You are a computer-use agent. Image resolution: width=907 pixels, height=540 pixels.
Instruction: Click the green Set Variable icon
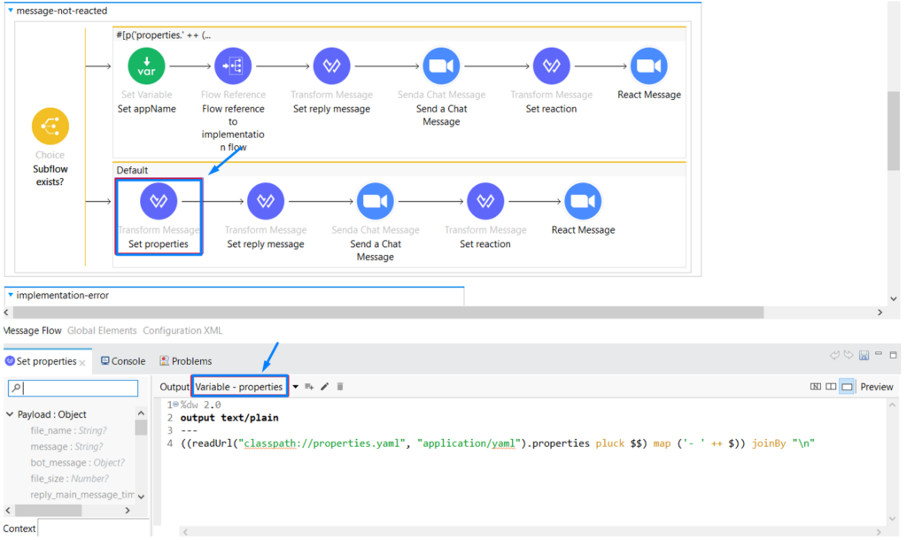point(146,66)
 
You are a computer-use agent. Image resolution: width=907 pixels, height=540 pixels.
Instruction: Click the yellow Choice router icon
point(50,127)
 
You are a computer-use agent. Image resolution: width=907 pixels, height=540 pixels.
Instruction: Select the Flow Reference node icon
point(233,66)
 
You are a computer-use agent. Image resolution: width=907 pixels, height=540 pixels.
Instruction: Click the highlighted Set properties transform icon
point(159,202)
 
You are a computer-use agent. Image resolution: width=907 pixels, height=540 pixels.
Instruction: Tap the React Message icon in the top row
point(648,66)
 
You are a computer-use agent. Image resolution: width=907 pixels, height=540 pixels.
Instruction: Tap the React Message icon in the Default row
point(583,202)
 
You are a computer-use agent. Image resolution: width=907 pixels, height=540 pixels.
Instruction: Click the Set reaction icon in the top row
point(551,66)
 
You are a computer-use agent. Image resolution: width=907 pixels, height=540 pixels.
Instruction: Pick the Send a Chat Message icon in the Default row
point(376,202)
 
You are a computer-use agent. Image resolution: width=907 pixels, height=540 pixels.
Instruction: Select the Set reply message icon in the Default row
point(265,202)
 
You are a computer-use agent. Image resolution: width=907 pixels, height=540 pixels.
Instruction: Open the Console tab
point(123,361)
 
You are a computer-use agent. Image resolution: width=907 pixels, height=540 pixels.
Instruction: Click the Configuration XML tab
point(182,330)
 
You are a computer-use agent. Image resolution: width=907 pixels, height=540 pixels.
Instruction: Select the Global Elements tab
point(102,330)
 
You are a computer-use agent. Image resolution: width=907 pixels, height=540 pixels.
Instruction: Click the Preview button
point(876,387)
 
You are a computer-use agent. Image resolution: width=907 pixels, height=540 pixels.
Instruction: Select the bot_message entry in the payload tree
point(58,463)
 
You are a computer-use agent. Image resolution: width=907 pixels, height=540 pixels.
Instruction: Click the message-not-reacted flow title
point(61,11)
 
